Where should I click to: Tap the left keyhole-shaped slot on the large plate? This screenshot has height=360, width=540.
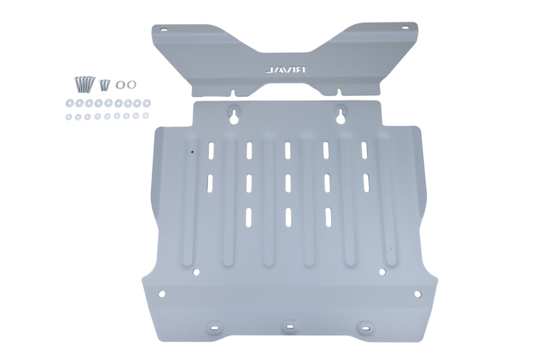click(x=234, y=115)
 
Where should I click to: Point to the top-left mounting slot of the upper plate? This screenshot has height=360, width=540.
click(x=163, y=30)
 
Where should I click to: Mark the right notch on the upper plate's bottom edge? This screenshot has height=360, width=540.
click(x=339, y=91)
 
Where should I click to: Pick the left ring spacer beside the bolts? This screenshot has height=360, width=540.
click(x=121, y=84)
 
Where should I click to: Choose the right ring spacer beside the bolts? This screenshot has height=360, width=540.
click(x=131, y=84)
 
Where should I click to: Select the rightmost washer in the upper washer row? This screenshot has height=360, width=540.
click(x=146, y=102)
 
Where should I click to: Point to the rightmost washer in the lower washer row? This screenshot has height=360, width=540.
click(x=146, y=115)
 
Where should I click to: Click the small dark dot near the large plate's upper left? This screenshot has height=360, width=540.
click(x=192, y=153)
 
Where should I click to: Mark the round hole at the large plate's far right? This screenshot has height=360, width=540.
click(x=417, y=294)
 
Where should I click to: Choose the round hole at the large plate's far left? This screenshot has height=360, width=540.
click(x=162, y=294)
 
